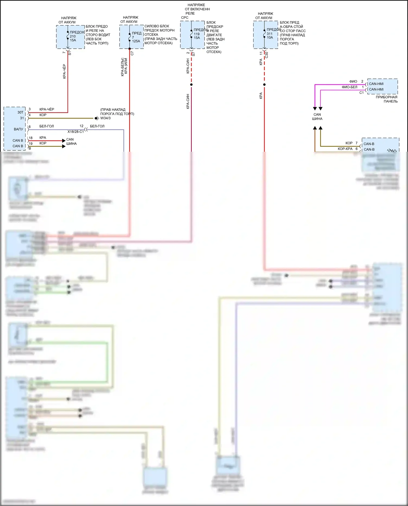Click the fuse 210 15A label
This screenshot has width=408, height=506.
(73, 38)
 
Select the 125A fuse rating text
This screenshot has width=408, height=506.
(136, 41)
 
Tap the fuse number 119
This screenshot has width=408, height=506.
(197, 34)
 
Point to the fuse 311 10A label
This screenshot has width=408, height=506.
(270, 36)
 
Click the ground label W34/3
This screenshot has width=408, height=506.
(106, 118)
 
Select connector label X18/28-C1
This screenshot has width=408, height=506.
(76, 132)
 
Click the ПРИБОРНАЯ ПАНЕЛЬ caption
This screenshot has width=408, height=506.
(387, 99)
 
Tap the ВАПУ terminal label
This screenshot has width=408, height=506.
(18, 129)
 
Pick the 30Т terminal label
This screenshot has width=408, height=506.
(20, 112)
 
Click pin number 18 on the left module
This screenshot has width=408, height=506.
(31, 138)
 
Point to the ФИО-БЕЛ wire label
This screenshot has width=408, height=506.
(350, 87)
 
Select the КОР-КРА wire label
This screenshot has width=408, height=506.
(345, 149)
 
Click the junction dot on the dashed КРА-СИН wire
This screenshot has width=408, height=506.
(191, 85)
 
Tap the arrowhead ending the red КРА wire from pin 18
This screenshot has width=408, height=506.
(64, 141)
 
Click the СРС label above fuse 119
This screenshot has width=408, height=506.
(185, 18)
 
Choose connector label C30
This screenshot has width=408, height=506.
(267, 55)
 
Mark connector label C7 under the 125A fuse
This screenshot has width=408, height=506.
(132, 54)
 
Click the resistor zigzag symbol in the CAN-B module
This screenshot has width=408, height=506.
(392, 150)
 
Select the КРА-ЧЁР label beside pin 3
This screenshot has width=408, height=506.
(47, 109)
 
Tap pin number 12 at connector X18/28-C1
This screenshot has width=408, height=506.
(82, 126)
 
